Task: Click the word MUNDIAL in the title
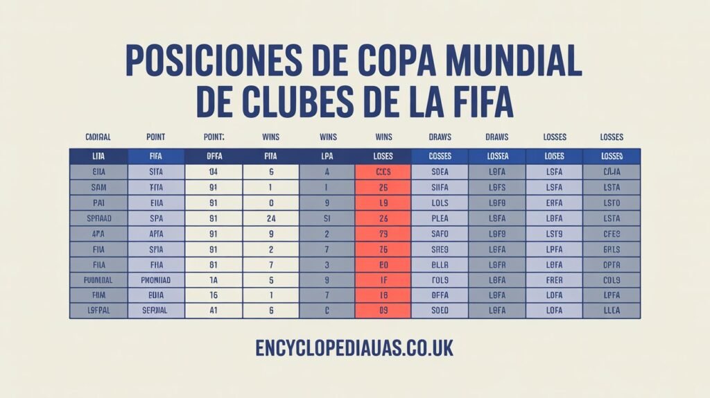pyautogui.click(x=513, y=62)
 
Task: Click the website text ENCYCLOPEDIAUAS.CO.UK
pyautogui.click(x=354, y=347)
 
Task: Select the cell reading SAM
pyautogui.click(x=98, y=187)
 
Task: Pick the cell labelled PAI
pyautogui.click(x=98, y=202)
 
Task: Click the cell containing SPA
pyautogui.click(x=155, y=218)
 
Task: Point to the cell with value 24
pyautogui.click(x=271, y=218)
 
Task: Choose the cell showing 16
pyautogui.click(x=214, y=295)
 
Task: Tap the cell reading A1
pyautogui.click(x=214, y=310)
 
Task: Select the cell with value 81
pyautogui.click(x=214, y=264)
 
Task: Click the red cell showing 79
pyautogui.click(x=383, y=234)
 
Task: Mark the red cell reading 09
pyautogui.click(x=383, y=310)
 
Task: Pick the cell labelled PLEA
pyautogui.click(x=440, y=218)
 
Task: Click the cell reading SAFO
pyautogui.click(x=440, y=234)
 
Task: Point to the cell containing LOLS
pyautogui.click(x=440, y=202)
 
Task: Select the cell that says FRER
pyautogui.click(x=554, y=279)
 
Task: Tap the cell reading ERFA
pyautogui.click(x=554, y=202)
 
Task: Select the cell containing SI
pyautogui.click(x=327, y=218)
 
